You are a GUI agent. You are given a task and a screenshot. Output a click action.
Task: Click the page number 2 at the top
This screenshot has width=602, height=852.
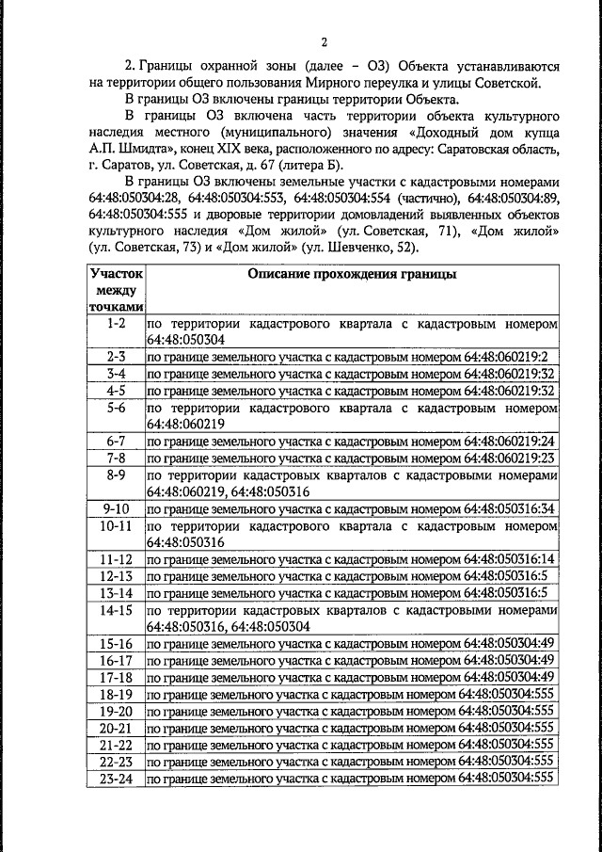click(x=324, y=42)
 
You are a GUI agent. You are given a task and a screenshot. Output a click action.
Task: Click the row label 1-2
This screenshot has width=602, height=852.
click(x=117, y=323)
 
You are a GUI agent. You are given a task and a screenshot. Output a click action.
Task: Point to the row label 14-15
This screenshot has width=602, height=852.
click(x=117, y=610)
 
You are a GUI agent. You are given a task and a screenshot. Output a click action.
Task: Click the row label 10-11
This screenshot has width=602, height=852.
click(x=117, y=525)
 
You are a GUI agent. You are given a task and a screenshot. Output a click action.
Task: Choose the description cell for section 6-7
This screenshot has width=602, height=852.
click(x=350, y=441)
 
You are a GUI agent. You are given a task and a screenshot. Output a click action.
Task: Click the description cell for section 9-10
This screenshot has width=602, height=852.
click(x=350, y=508)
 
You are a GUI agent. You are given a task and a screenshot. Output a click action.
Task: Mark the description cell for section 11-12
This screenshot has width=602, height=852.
click(x=350, y=559)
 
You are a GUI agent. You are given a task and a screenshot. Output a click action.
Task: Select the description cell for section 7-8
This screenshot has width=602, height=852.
click(x=350, y=458)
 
